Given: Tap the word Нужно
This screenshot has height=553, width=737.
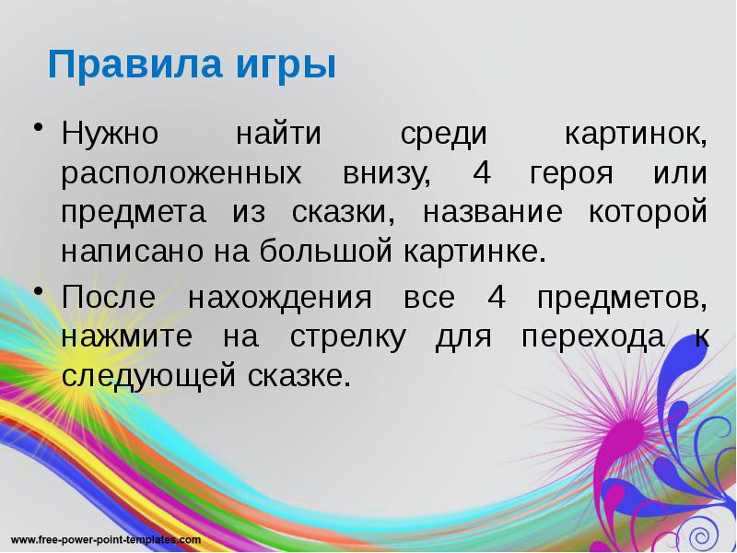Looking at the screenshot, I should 111,135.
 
